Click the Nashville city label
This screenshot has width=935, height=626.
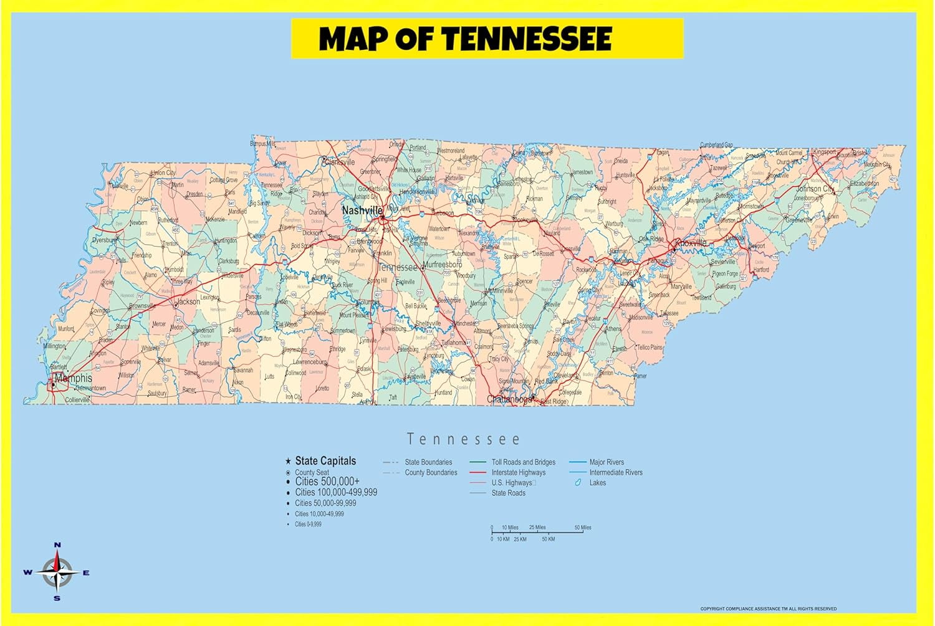click(x=362, y=211)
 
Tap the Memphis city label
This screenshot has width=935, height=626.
click(x=74, y=378)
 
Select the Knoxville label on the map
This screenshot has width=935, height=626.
click(x=691, y=243)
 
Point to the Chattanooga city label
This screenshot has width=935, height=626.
click(x=509, y=399)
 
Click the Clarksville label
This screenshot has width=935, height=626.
click(x=339, y=162)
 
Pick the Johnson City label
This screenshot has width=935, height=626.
click(x=815, y=189)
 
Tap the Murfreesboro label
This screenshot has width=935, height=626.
click(x=443, y=265)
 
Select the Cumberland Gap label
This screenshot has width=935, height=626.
click(x=716, y=145)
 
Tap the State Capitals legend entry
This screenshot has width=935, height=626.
click(x=325, y=461)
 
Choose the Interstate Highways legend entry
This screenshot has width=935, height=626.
click(x=518, y=473)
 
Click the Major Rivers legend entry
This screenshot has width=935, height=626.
click(x=607, y=462)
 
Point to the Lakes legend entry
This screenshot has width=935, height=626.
click(x=597, y=483)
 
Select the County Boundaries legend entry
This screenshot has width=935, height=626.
click(x=431, y=473)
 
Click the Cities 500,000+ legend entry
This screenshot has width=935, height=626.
click(x=327, y=481)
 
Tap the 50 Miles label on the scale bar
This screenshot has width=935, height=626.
click(x=583, y=528)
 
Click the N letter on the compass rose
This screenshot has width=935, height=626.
click(x=57, y=545)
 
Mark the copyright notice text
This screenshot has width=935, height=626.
click(x=768, y=609)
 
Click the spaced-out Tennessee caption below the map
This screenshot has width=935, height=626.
click(x=463, y=440)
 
